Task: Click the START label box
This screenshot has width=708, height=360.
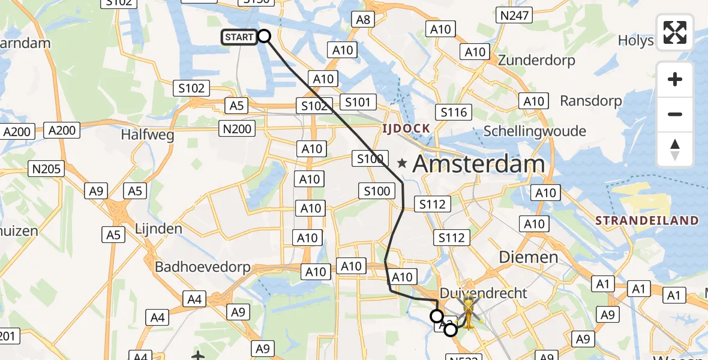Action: pos(239,37)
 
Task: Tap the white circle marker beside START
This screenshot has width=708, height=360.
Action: pos(264,37)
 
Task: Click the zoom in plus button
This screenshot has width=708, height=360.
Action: pos(675,79)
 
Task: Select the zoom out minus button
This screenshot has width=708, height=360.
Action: pos(675,114)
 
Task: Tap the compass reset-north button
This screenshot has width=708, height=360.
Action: pos(675,149)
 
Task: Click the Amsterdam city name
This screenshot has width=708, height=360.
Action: pos(479,163)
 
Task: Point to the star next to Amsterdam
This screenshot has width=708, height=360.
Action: pos(402,163)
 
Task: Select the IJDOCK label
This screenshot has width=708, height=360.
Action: pos(407,128)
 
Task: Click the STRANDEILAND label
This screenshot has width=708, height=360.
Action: pos(647,221)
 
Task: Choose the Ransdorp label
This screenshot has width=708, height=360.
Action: pos(591,101)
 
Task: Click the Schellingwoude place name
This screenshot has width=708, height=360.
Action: pos(535,131)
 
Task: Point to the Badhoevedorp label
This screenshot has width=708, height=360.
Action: pos(203,267)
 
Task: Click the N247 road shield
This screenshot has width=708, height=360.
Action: pos(514,16)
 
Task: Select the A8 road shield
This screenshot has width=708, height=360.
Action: pos(363,19)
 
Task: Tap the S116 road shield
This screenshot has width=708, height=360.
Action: pos(454,112)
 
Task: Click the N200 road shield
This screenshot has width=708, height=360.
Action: pos(238,128)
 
